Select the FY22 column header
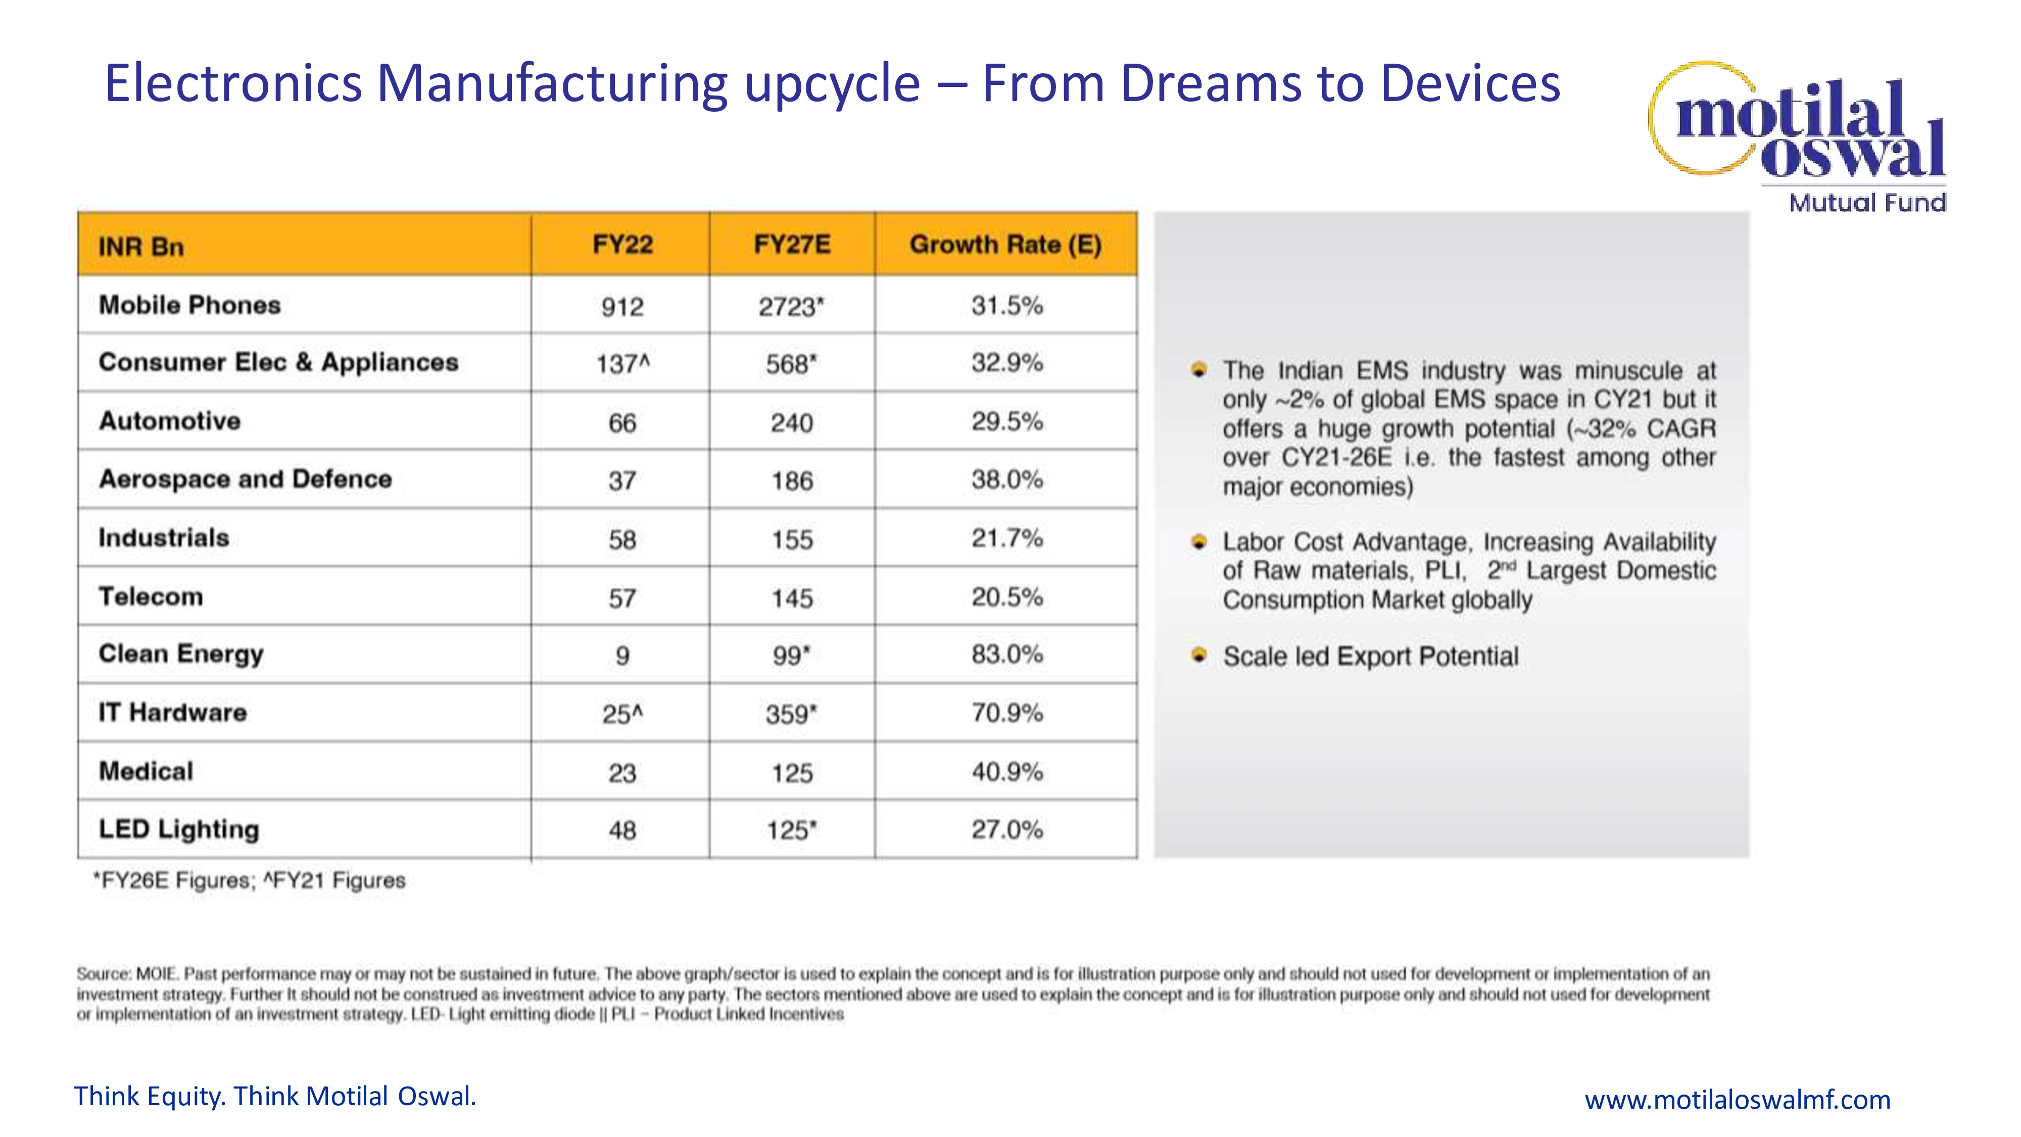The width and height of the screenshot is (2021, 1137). click(x=622, y=245)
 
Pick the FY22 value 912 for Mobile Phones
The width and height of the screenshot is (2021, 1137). click(x=622, y=306)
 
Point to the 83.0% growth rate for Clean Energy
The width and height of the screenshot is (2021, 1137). click(x=1006, y=654)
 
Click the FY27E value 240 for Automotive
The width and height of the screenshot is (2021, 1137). click(x=792, y=423)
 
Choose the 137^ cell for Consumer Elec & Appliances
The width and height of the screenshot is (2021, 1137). click(x=622, y=364)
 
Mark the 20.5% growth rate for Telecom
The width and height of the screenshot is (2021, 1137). click(x=1006, y=597)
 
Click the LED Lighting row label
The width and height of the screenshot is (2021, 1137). click(x=179, y=829)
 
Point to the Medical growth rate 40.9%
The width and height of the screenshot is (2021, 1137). click(x=1006, y=772)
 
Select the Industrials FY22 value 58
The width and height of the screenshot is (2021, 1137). click(x=622, y=539)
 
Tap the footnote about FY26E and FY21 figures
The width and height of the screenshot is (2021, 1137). click(x=250, y=880)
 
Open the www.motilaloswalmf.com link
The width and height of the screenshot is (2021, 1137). click(x=1737, y=1099)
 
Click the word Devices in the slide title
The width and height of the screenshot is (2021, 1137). click(x=1470, y=83)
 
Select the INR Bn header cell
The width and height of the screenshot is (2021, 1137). click(x=141, y=247)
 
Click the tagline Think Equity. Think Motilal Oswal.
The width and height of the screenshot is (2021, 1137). click(x=274, y=1096)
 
